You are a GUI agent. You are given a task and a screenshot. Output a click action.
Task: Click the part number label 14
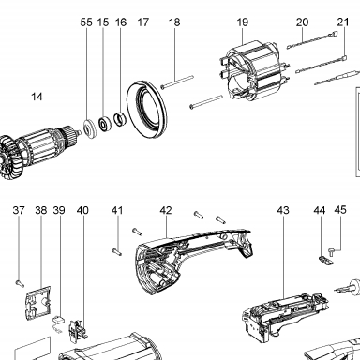tap(37, 97)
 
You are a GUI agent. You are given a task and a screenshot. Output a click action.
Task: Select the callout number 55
tap(86, 22)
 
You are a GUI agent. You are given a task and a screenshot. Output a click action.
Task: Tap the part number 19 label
tap(243, 22)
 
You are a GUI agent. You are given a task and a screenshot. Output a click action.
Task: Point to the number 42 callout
tap(166, 210)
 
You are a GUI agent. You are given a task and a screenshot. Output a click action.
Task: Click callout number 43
tap(283, 210)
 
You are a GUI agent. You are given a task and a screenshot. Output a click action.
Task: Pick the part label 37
tap(19, 210)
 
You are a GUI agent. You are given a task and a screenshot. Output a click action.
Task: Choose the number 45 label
tap(340, 210)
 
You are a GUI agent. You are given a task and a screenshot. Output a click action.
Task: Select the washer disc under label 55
tap(91, 128)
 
